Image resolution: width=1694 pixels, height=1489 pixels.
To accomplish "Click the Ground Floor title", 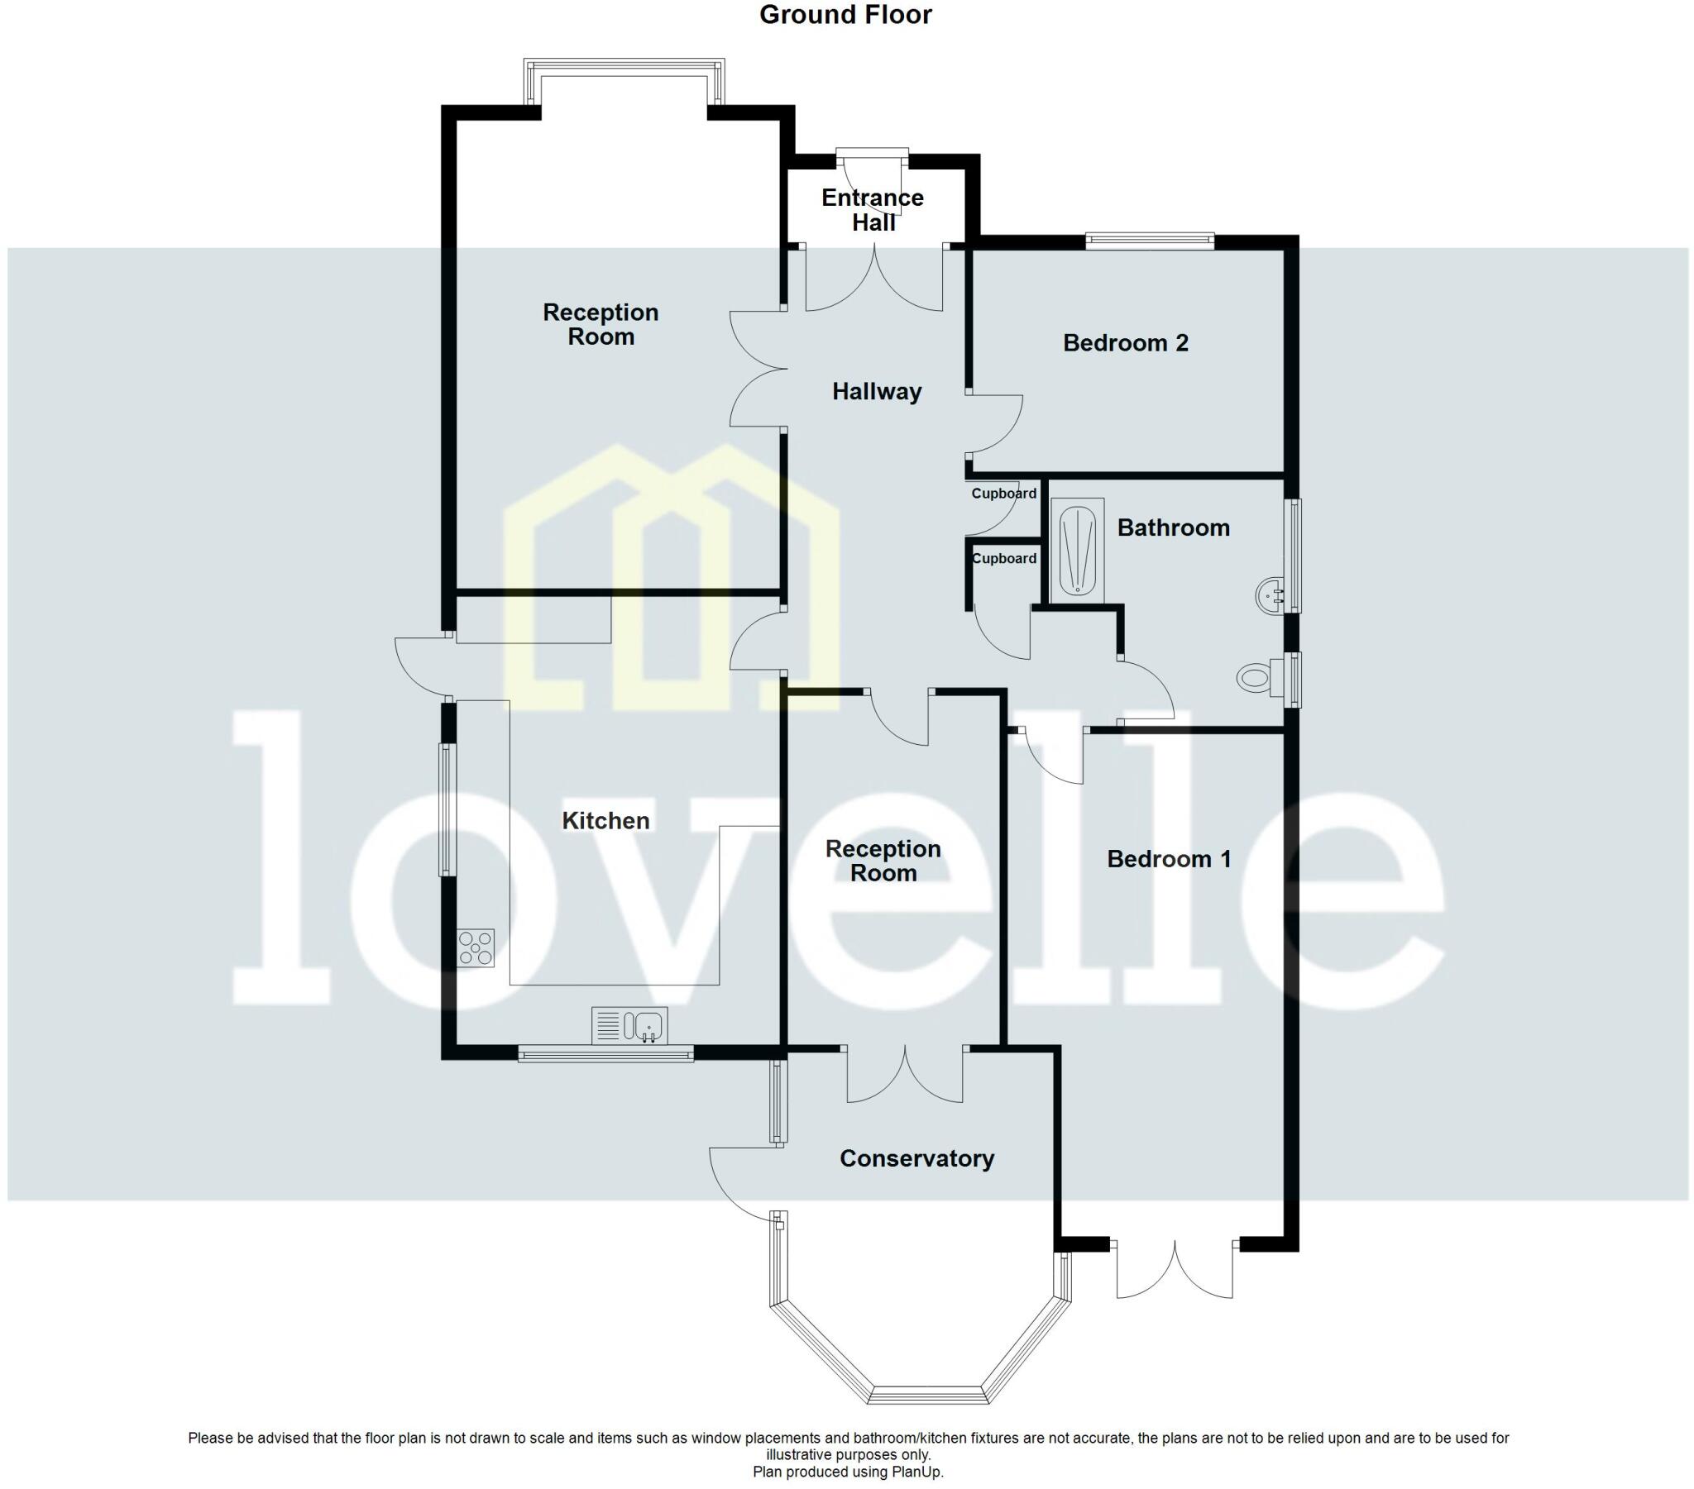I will pos(845,15).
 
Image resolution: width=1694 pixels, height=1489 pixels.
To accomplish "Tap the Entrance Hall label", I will pos(873,210).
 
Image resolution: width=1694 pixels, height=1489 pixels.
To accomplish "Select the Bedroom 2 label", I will pos(1126,343).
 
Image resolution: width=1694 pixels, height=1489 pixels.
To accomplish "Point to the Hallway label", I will pos(877,392).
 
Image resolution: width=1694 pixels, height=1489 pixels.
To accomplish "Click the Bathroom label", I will pos(1173,527).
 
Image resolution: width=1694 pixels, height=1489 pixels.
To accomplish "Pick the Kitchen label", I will pos(605,821).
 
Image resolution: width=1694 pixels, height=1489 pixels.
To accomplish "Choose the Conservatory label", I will pos(916,1158).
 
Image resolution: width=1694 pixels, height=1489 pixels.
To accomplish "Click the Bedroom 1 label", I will pos(1169,859).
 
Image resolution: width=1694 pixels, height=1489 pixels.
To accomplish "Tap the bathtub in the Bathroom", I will pos(1078,550).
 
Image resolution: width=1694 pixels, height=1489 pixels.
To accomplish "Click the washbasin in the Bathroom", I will pos(1270,596).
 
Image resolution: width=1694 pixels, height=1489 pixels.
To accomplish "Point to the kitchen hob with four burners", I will pos(476,948).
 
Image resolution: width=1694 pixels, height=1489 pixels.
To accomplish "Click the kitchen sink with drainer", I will pos(629,1026).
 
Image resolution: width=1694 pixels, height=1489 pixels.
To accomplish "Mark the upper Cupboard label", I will pos(1003,494).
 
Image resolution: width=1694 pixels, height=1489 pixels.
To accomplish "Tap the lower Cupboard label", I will pos(1003,560).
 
